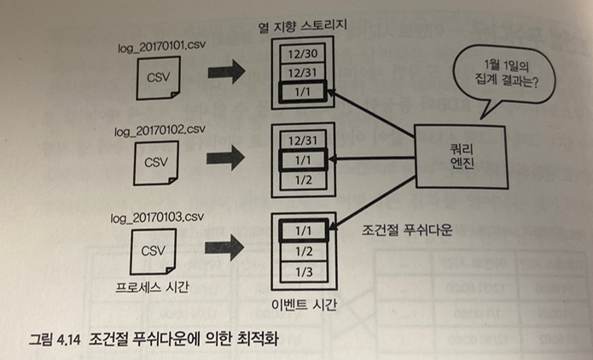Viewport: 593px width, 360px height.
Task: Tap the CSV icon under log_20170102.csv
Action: [x=158, y=160]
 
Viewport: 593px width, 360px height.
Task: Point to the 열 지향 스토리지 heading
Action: [x=303, y=24]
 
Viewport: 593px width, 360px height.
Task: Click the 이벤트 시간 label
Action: [x=302, y=305]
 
